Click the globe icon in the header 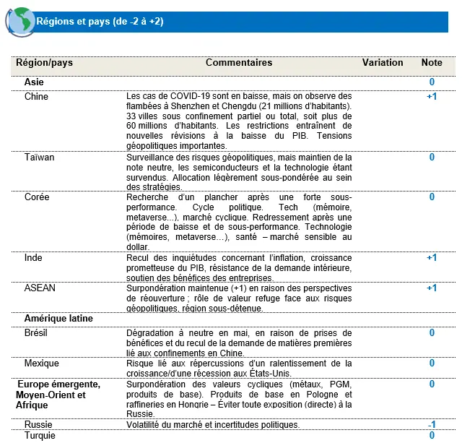[x=21, y=21]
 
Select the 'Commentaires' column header [x=239, y=63]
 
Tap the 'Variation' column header [x=383, y=63]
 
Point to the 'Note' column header [x=432, y=63]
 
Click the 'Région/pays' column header [x=45, y=63]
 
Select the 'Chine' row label [x=36, y=96]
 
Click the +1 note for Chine [x=432, y=96]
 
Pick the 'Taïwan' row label [x=39, y=157]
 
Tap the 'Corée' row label [x=37, y=197]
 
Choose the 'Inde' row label [x=33, y=257]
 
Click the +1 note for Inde [x=432, y=257]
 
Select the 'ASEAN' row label [x=40, y=288]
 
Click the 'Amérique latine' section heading [x=58, y=318]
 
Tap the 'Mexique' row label [x=41, y=364]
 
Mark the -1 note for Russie [x=432, y=424]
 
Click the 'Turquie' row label [x=40, y=435]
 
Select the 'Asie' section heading [x=34, y=82]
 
